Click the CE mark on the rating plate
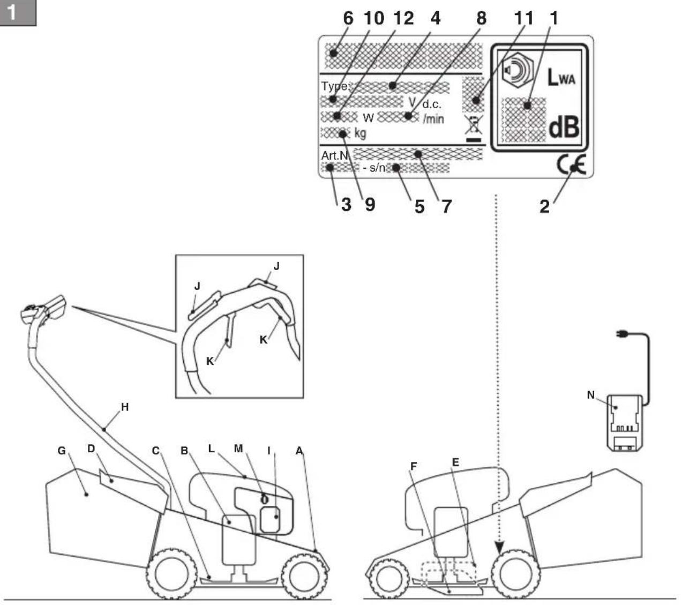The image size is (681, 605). click(x=571, y=165)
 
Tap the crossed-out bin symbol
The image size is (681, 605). click(x=474, y=128)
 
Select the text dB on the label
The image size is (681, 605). click(x=564, y=127)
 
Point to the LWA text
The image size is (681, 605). click(x=561, y=77)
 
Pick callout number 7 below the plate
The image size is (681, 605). click(x=446, y=206)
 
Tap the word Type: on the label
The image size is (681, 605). click(x=335, y=86)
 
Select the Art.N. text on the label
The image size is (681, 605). click(x=335, y=155)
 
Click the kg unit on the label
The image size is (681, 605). click(x=360, y=133)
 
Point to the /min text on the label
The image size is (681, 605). click(x=433, y=119)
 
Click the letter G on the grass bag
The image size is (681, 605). click(x=62, y=450)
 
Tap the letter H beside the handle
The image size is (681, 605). click(x=125, y=407)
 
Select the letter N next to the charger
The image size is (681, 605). click(x=590, y=394)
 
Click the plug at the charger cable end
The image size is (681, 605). click(x=622, y=334)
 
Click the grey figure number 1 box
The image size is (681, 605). click(x=18, y=13)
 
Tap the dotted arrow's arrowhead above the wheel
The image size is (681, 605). click(x=499, y=548)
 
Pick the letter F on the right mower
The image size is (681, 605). click(x=414, y=466)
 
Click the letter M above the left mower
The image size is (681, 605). click(x=238, y=449)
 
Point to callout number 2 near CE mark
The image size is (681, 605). click(x=544, y=206)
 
